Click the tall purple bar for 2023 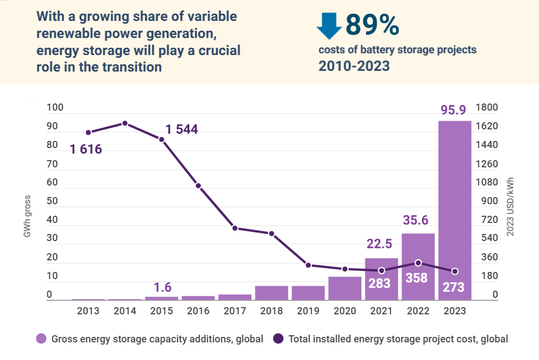click(x=454, y=209)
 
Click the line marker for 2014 click(x=125, y=123)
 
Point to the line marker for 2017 click(x=235, y=228)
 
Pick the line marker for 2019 click(x=308, y=265)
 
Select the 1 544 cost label click(x=182, y=130)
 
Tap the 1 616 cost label click(x=86, y=149)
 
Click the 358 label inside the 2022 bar click(x=416, y=278)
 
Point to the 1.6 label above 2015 click(x=162, y=287)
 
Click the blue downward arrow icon click(x=329, y=25)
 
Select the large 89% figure click(x=372, y=24)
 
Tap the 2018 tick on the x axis click(x=272, y=311)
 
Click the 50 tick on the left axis click(x=52, y=201)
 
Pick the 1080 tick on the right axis click(x=487, y=182)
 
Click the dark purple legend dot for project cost click(x=278, y=339)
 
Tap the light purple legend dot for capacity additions click(x=41, y=339)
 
